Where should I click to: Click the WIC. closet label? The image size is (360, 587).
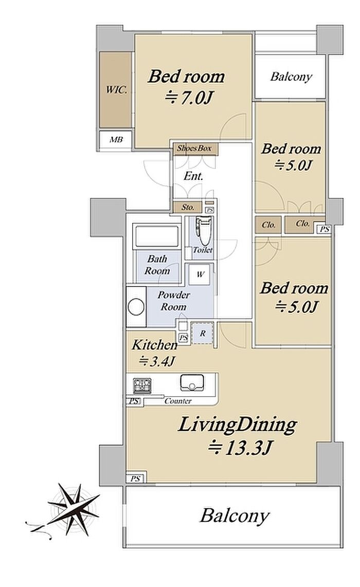pyautogui.click(x=116, y=90)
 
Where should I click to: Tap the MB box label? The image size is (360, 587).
pyautogui.click(x=116, y=140)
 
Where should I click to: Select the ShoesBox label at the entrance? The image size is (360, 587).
pyautogui.click(x=194, y=148)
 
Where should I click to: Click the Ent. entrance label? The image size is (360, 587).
pyautogui.click(x=193, y=176)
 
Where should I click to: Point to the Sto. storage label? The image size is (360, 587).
pyautogui.click(x=188, y=207)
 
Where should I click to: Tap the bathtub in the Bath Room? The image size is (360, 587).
pyautogui.click(x=157, y=235)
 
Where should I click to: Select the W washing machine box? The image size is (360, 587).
pyautogui.click(x=201, y=274)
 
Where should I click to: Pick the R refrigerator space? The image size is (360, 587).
pyautogui.click(x=203, y=333)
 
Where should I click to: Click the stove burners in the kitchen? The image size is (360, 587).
pyautogui.click(x=142, y=385)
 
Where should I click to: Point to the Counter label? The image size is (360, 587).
pyautogui.click(x=178, y=401)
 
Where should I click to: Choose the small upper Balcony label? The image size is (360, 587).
pyautogui.click(x=291, y=77)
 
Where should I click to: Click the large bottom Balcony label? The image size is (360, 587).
pyautogui.click(x=235, y=516)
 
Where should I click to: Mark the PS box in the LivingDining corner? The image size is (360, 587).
pyautogui.click(x=135, y=479)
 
